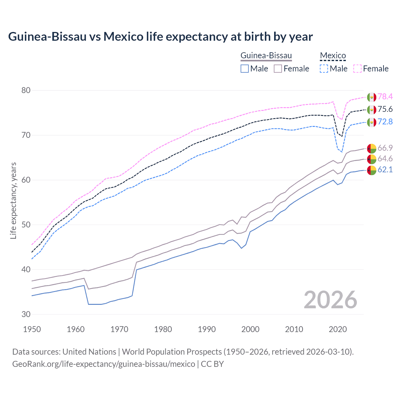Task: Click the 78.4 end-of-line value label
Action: coord(385,96)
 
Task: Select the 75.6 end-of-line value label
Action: coord(385,109)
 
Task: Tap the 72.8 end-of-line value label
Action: coord(385,122)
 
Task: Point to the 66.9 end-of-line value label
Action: coord(385,148)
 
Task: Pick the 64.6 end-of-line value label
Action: coord(385,159)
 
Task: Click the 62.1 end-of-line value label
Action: coord(385,169)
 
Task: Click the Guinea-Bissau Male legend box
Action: coord(245,69)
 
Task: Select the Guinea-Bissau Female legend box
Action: coord(278,69)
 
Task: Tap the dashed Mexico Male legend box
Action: coord(324,69)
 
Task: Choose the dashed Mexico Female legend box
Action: coord(357,69)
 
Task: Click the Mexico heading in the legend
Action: coord(333,56)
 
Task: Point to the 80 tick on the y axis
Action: coord(26,90)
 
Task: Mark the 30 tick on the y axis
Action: coord(26,314)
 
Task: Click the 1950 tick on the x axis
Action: coord(32,329)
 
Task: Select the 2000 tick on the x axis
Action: coord(250,329)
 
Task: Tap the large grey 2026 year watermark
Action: coord(331,300)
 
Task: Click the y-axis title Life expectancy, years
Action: coord(13,200)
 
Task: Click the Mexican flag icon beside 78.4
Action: coord(372,97)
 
